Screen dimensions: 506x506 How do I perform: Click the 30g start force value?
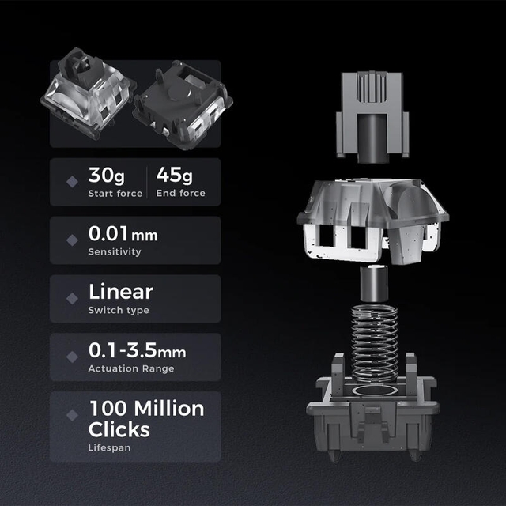click(x=107, y=176)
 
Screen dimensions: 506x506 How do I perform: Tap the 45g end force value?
click(x=174, y=176)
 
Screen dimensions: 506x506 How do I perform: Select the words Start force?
click(x=115, y=193)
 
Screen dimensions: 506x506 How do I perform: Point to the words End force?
click(x=181, y=193)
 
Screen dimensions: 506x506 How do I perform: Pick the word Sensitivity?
click(x=115, y=251)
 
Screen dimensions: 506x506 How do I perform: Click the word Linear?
click(x=121, y=292)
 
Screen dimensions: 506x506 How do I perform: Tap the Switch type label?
click(x=119, y=310)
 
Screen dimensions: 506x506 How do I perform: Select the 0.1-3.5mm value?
click(x=137, y=350)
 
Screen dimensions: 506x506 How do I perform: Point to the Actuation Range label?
click(x=131, y=368)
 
